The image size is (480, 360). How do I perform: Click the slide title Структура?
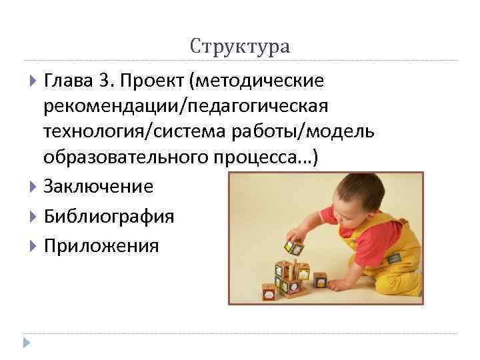pyautogui.click(x=240, y=47)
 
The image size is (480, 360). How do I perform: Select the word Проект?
pyautogui.click(x=151, y=82)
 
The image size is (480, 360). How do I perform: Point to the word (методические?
pyautogui.click(x=257, y=82)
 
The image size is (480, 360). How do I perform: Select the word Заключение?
pyautogui.click(x=99, y=187)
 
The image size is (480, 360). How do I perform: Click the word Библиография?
pyautogui.click(x=109, y=217)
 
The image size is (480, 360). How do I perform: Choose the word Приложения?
pyautogui.click(x=101, y=246)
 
